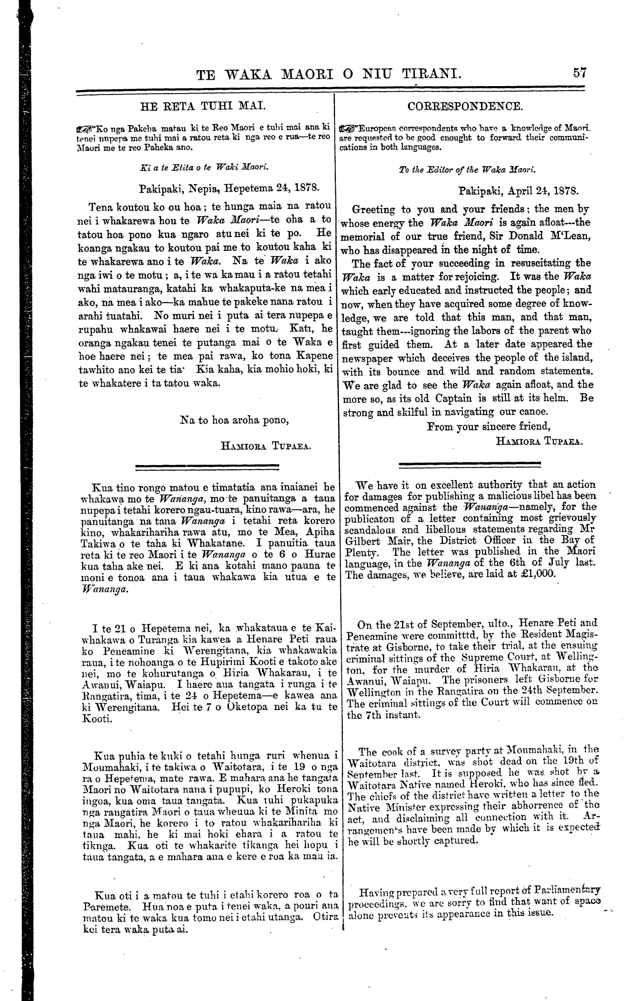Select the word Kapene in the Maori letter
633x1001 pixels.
(x=313, y=356)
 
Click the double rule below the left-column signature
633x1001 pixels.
(x=207, y=466)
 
